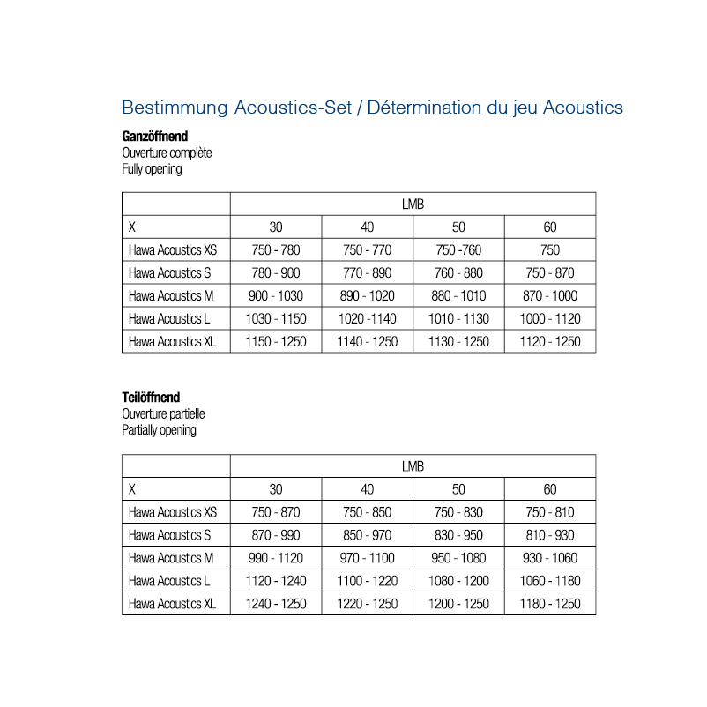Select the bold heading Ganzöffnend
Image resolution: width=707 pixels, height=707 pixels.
click(x=154, y=137)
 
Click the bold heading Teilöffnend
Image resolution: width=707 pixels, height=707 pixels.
click(x=151, y=398)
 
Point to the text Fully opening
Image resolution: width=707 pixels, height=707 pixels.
click(x=152, y=169)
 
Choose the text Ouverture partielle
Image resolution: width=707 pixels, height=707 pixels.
click(x=163, y=414)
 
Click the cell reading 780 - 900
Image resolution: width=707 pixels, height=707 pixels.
click(x=276, y=273)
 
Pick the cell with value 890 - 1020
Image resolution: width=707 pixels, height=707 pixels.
click(x=368, y=296)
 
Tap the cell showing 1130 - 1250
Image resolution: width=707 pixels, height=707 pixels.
click(x=458, y=342)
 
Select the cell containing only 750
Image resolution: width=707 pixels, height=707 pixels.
click(x=550, y=250)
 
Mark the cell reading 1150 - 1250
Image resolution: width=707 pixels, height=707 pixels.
click(x=276, y=342)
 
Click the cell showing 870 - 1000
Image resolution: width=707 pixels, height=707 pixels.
click(x=550, y=296)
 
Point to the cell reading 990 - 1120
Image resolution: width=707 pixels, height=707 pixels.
click(x=276, y=558)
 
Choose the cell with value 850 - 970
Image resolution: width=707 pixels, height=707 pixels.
click(x=368, y=535)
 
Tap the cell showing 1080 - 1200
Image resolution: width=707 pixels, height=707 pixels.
click(x=458, y=581)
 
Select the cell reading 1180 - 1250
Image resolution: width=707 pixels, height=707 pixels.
click(x=550, y=604)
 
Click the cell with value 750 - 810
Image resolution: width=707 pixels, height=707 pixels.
click(x=550, y=512)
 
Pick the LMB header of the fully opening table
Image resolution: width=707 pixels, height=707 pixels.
click(x=413, y=205)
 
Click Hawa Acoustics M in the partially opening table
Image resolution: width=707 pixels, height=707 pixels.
click(x=171, y=558)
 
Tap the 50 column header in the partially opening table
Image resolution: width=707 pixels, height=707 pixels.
click(x=458, y=489)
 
